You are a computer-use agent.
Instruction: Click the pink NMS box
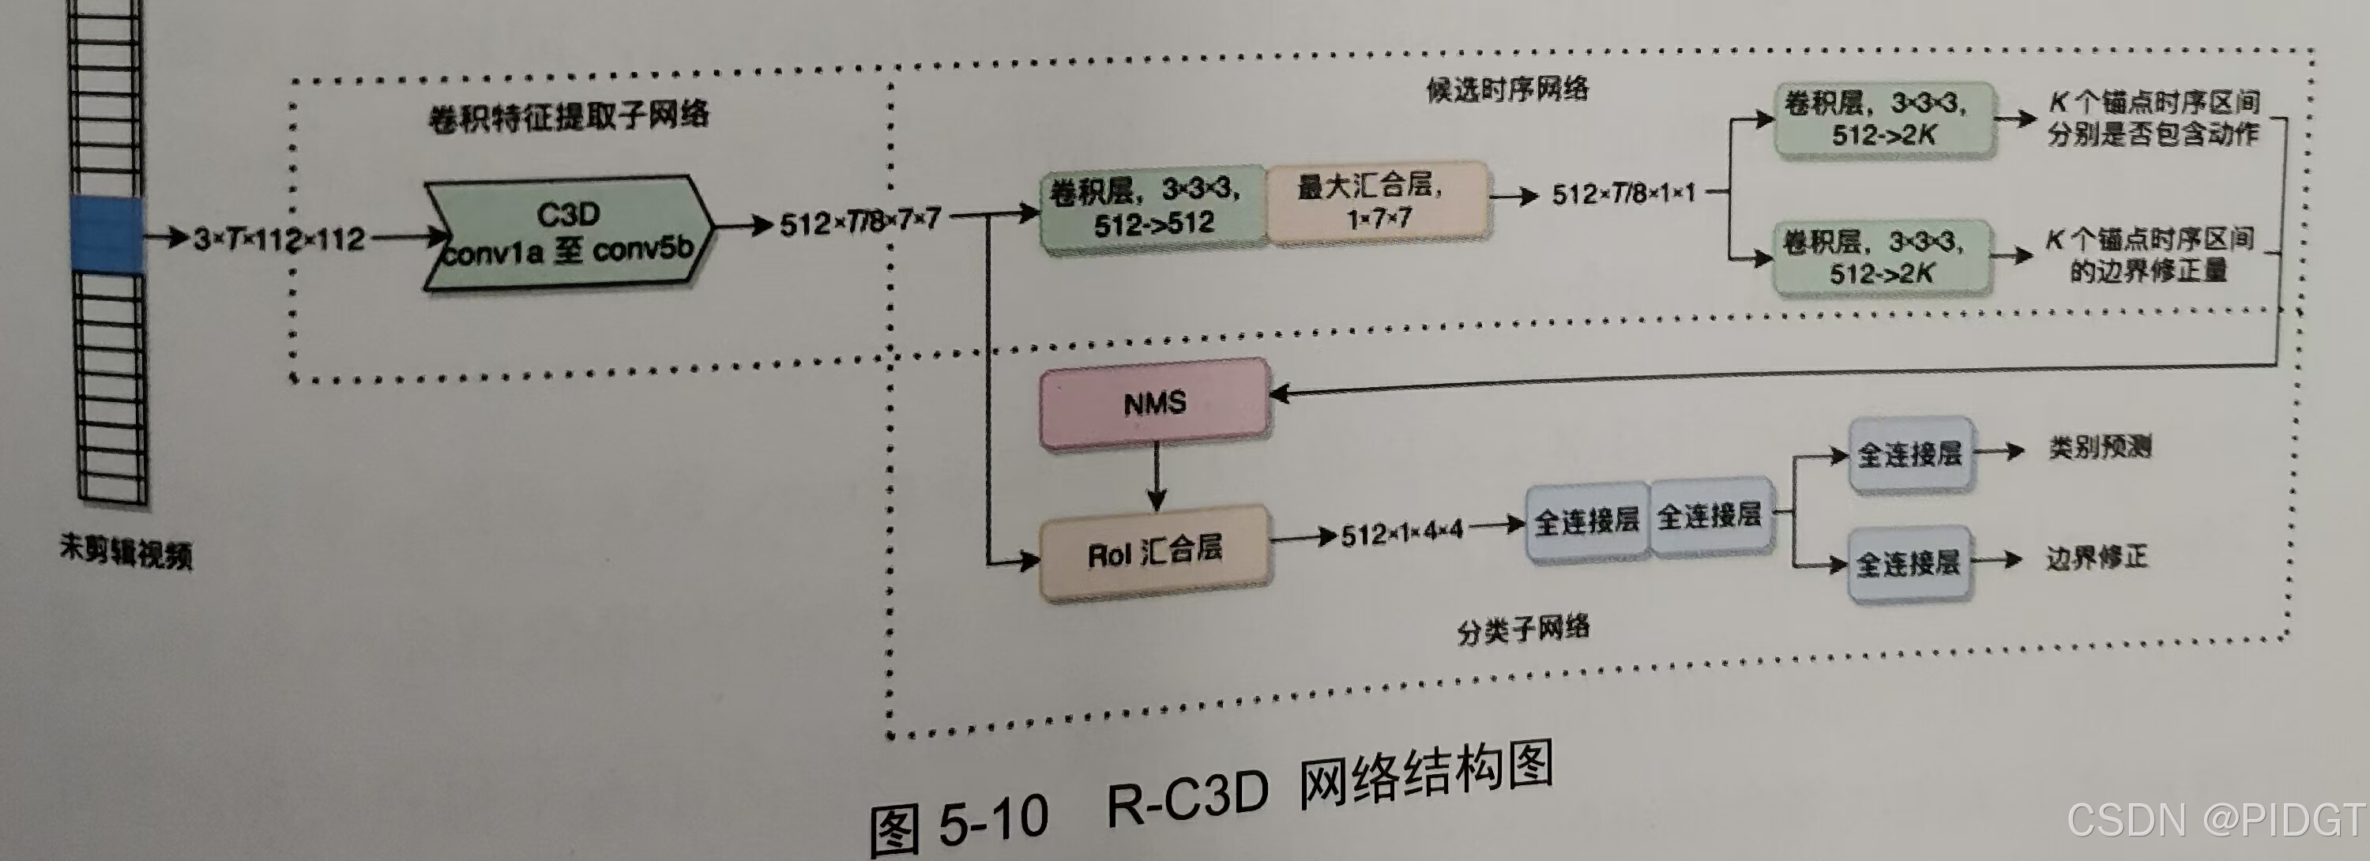coord(1155,403)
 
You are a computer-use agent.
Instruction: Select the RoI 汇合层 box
coord(1155,552)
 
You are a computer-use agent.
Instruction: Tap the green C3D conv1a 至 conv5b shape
coord(568,234)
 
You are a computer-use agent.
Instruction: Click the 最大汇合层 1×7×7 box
coord(1377,202)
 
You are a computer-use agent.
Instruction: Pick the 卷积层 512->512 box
coord(1153,207)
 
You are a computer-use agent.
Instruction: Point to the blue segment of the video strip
coord(107,234)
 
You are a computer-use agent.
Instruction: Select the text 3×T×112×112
coord(280,240)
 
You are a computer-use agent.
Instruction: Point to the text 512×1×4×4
coord(1401,533)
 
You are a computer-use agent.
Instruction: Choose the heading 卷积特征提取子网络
coord(569,117)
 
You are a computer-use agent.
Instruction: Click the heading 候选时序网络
coord(1507,89)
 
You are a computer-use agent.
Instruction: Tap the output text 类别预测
coord(2100,448)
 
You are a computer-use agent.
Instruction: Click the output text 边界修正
coord(2097,558)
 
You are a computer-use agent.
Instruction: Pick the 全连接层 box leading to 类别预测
coord(1910,454)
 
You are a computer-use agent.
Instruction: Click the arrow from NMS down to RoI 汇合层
coord(1157,476)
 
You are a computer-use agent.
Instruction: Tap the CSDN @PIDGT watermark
coord(2215,818)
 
